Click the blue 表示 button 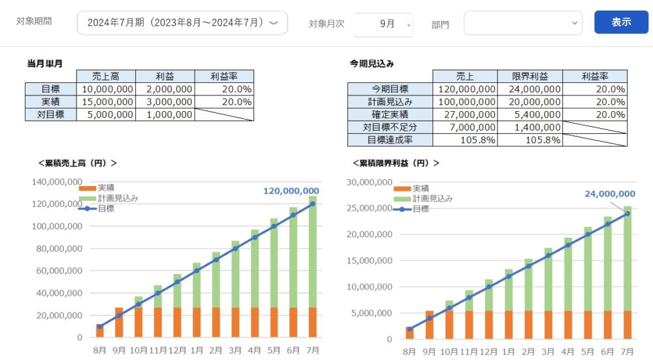coord(621,22)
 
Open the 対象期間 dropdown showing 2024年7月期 coord(182,23)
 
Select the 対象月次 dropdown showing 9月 coord(383,24)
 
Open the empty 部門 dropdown coord(522,23)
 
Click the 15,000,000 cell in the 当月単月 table coord(106,102)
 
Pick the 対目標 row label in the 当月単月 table coord(50,114)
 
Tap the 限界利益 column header coord(529,76)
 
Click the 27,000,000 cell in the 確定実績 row coord(464,114)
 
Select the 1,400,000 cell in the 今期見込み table coord(530,127)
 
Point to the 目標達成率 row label coord(389,140)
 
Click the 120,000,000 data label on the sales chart coord(291,191)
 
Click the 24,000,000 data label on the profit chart coord(609,193)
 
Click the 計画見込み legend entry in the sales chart coord(118,198)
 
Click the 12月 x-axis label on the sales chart coord(178,351)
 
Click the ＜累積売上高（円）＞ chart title coord(78,163)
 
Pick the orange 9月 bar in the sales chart coord(119,322)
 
